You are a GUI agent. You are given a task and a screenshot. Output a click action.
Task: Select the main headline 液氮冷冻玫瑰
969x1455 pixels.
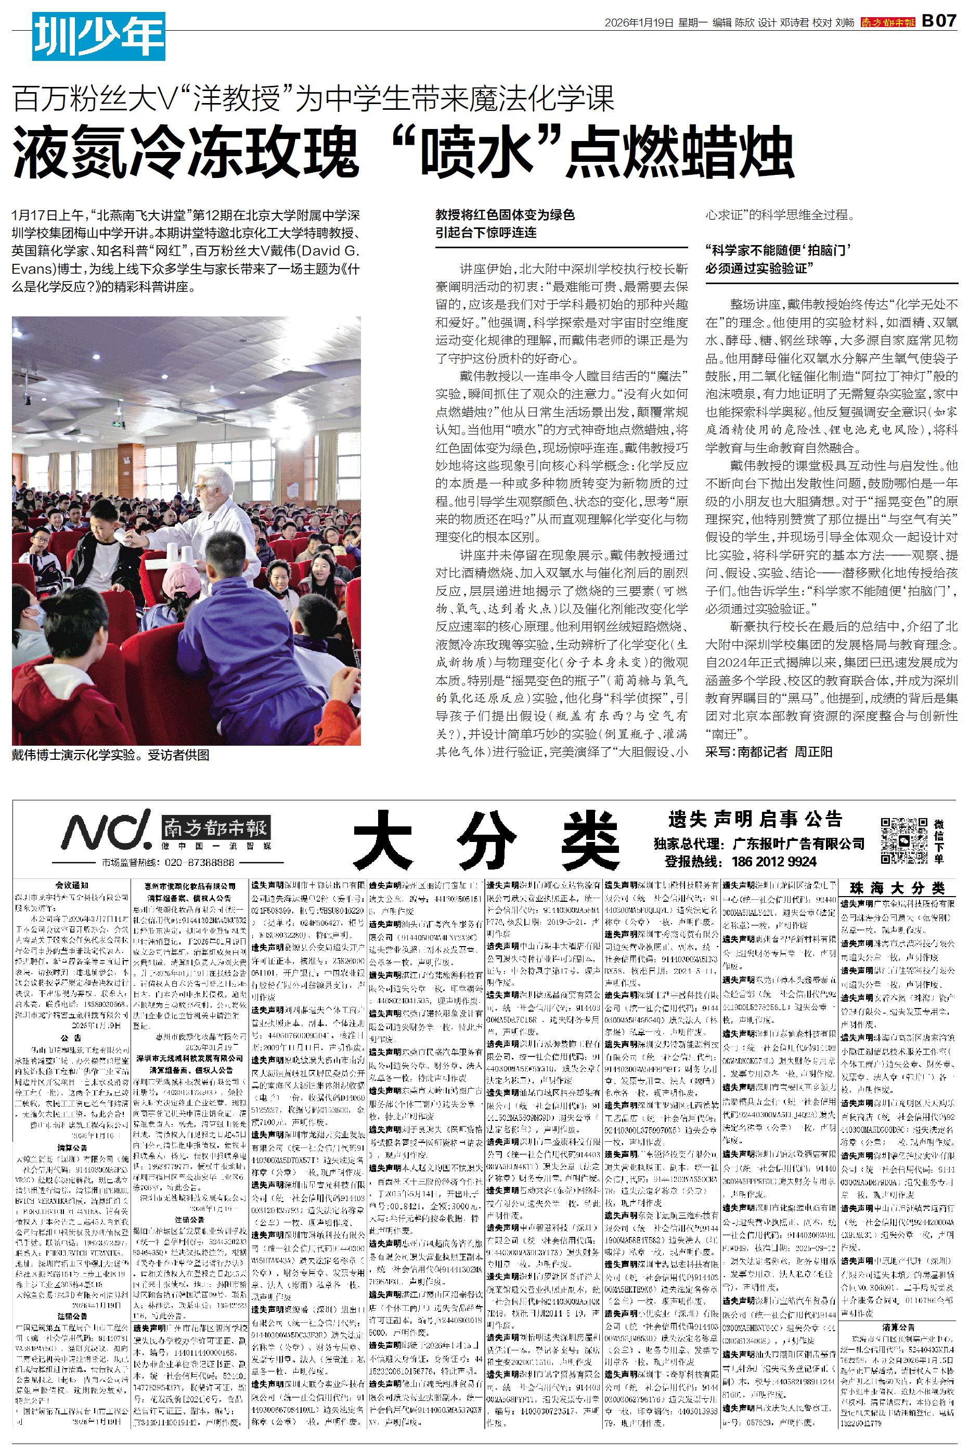[x=185, y=154]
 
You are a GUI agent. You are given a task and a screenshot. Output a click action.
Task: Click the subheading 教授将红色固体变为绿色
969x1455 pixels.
[x=505, y=215]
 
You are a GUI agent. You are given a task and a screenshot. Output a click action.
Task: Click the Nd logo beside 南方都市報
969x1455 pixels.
[x=105, y=829]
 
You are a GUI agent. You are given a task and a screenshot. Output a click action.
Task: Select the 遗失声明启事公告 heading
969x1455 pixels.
[x=755, y=820]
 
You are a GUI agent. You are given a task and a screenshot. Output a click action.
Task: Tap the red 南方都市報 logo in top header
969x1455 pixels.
[x=888, y=22]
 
